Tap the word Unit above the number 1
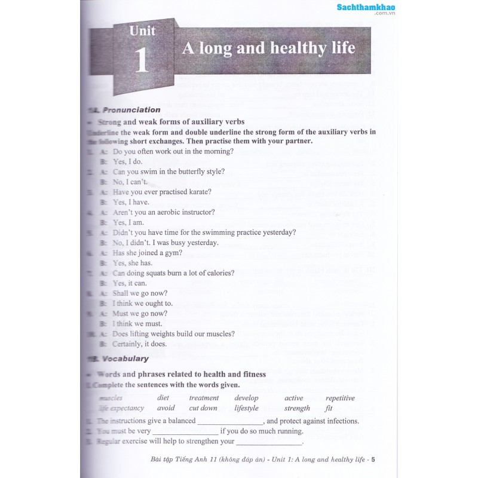(x=142, y=30)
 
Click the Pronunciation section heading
(x=131, y=110)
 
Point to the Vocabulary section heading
(x=125, y=358)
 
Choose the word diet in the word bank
(x=163, y=398)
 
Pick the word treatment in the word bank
(x=204, y=398)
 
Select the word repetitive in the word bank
(x=340, y=398)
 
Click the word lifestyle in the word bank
(x=246, y=408)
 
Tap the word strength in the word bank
(x=297, y=408)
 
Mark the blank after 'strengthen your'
(x=269, y=443)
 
